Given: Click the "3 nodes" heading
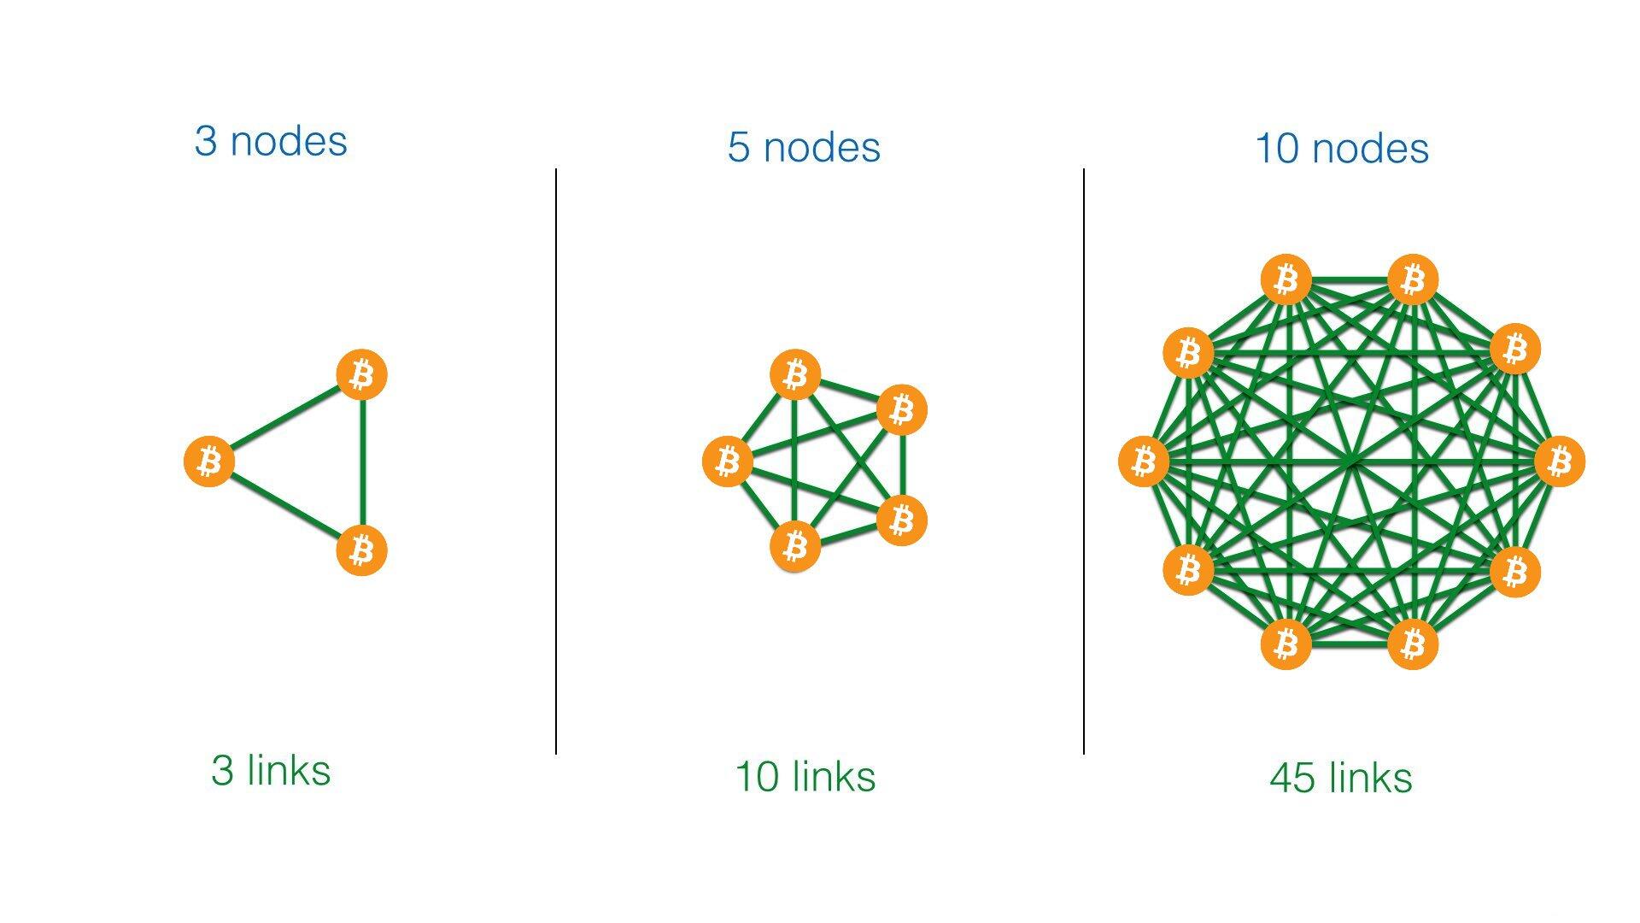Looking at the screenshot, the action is click(x=271, y=141).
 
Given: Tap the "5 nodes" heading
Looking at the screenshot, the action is click(x=804, y=147).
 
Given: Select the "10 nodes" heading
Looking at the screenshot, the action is click(x=1342, y=148).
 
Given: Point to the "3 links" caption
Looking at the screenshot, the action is click(x=271, y=770).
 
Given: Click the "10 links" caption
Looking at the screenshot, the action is click(x=805, y=776).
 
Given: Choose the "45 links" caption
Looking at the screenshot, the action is click(x=1341, y=778).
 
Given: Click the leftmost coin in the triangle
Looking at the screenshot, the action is click(x=209, y=461).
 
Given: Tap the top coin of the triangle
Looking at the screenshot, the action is click(x=362, y=374).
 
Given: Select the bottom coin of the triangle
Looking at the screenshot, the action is click(x=362, y=550).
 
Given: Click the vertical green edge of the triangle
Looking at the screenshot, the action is click(x=363, y=461).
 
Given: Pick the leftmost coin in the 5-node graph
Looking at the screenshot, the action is click(x=728, y=461).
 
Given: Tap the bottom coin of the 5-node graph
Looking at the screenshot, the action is click(x=795, y=546).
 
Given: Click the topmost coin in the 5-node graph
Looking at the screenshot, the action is click(x=795, y=374).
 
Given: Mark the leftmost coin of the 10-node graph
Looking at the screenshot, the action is click(x=1144, y=461).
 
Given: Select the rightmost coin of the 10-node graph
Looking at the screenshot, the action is click(x=1560, y=461).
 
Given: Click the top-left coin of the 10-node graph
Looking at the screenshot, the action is click(x=1286, y=279).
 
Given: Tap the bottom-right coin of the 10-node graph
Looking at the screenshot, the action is click(x=1413, y=644).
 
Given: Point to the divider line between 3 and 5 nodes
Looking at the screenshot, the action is click(x=556, y=461).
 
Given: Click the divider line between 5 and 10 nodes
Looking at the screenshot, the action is click(x=1084, y=461).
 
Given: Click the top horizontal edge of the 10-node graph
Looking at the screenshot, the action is click(x=1350, y=279).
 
